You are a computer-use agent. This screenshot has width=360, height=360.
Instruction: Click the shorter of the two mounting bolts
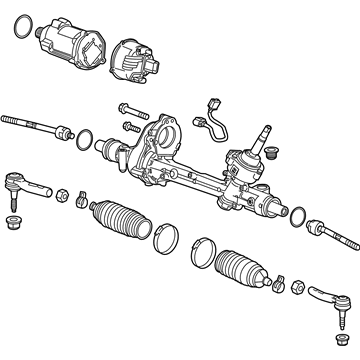tap(131, 127)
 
